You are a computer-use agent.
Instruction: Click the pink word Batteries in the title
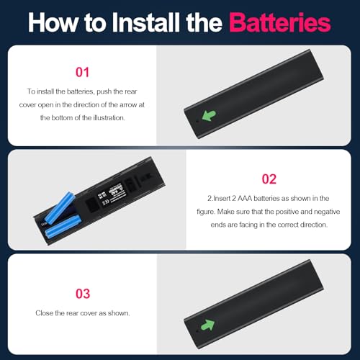[x=280, y=22]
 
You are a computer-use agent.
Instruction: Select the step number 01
[x=82, y=72]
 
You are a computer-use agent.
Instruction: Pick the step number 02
[x=269, y=179]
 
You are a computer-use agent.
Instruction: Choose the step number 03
[x=83, y=294]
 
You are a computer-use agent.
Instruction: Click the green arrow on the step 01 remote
[x=209, y=115]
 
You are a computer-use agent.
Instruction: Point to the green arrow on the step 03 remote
[x=207, y=325]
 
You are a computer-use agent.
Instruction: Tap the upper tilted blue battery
[x=60, y=207]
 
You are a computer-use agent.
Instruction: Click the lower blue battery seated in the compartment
[x=63, y=227]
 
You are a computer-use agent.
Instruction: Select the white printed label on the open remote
[x=111, y=194]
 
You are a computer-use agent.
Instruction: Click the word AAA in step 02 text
[x=245, y=199]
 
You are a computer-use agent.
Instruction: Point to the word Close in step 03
[x=44, y=313]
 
